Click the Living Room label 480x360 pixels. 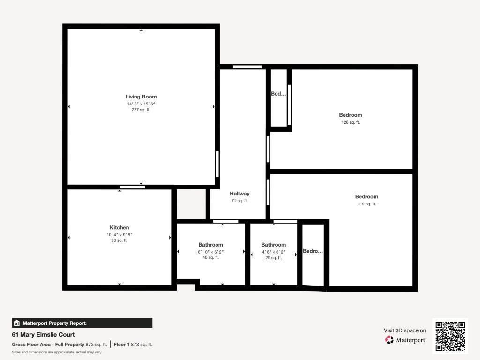141,97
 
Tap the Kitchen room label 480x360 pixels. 120,227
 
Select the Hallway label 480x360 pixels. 240,194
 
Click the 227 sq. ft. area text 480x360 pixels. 141,110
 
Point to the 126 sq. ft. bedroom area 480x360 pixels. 351,122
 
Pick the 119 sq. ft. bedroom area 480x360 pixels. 367,204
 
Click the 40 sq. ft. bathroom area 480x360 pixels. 210,257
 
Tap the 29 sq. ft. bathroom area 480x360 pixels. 273,258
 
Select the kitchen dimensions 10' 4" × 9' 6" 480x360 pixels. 120,235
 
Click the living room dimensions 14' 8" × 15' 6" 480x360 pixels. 141,104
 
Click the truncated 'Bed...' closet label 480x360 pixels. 278,94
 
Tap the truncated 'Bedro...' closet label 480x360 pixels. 313,251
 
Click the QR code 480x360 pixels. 450,336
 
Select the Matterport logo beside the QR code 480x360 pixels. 405,340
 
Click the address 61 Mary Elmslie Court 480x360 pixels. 43,335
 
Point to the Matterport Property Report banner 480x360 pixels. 82,323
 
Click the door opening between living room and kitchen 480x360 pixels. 132,187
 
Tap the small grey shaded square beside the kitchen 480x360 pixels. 191,204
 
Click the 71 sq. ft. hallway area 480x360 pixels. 240,201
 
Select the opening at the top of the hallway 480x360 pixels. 247,67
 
